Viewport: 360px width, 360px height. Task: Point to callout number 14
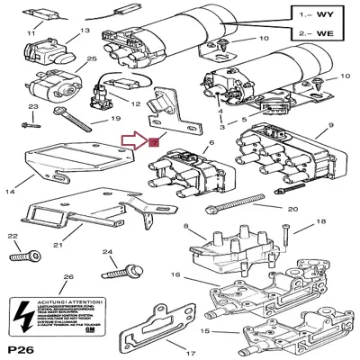click(x=12, y=192)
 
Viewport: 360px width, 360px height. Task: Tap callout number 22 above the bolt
click(x=13, y=238)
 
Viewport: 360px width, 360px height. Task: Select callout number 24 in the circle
click(x=108, y=252)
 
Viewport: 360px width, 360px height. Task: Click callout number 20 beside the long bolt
click(x=292, y=209)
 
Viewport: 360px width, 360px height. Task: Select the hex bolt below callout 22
click(x=22, y=258)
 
